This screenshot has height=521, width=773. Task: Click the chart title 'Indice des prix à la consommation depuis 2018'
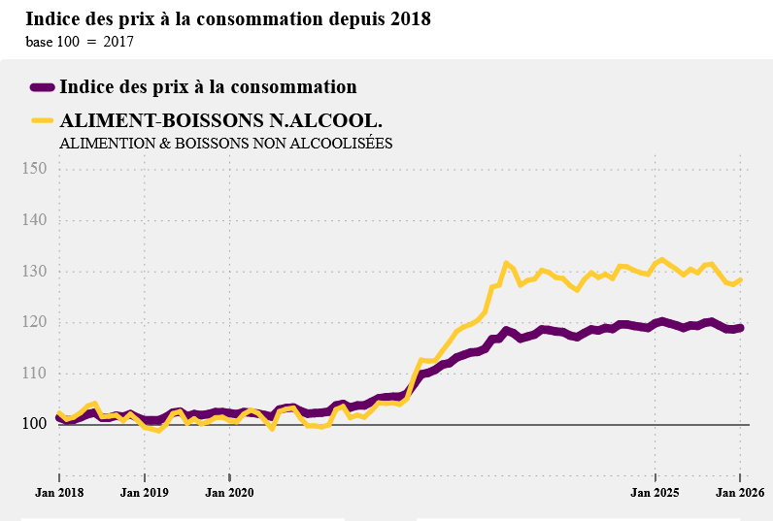click(228, 19)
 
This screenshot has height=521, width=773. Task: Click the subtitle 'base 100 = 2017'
click(80, 42)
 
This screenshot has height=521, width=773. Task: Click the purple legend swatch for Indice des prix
click(42, 87)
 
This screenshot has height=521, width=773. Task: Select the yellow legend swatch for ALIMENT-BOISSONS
click(42, 120)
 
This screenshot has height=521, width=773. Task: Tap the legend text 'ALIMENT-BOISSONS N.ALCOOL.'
click(220, 120)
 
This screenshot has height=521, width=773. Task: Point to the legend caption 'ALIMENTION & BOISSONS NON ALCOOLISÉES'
click(225, 143)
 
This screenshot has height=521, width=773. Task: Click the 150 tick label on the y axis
click(34, 169)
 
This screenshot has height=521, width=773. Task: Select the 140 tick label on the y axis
click(34, 220)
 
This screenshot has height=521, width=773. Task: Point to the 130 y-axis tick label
click(34, 272)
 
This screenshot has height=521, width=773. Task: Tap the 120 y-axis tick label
click(34, 322)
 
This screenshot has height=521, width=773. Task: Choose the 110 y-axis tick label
click(34, 374)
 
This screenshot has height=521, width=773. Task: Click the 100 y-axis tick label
click(34, 424)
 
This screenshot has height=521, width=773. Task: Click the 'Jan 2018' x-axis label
click(59, 493)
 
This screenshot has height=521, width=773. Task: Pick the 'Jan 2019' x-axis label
click(145, 493)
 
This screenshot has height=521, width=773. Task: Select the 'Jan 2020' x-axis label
click(230, 493)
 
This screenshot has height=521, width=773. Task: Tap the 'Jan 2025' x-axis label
click(655, 493)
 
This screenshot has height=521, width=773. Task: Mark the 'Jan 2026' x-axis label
click(740, 493)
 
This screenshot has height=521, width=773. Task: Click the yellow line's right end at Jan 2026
click(740, 280)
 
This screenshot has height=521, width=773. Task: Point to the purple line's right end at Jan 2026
click(740, 328)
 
